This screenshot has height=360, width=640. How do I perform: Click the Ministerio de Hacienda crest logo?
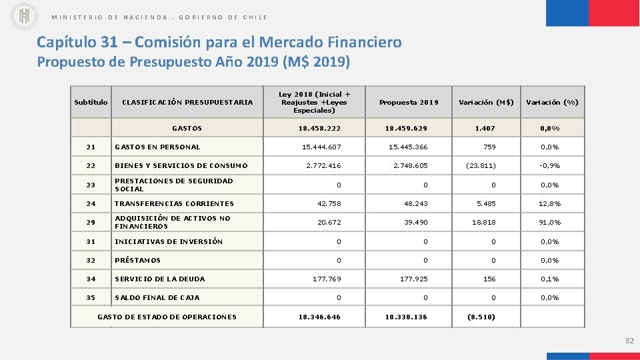(x=25, y=16)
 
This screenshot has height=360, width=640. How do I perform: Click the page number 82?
(x=629, y=341)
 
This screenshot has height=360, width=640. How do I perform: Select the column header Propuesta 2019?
(x=409, y=103)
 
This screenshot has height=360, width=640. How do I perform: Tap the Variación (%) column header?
(x=552, y=103)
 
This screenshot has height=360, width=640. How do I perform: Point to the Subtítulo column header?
(x=91, y=103)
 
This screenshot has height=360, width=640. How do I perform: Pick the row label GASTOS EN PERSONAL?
(x=157, y=147)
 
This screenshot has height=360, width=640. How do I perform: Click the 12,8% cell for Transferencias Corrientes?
(x=550, y=203)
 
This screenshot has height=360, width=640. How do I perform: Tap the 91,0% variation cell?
(x=550, y=222)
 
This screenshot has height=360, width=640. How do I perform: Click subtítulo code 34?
(x=91, y=279)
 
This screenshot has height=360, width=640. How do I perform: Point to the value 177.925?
(x=412, y=279)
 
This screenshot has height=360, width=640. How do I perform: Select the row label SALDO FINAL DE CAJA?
(x=157, y=297)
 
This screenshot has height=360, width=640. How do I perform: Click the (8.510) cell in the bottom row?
(x=483, y=317)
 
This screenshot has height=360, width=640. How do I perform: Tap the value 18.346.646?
(x=319, y=317)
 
